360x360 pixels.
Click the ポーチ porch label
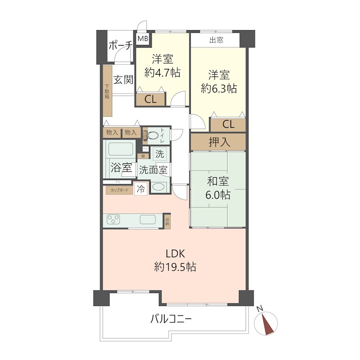(120, 45)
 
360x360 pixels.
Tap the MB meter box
(143, 39)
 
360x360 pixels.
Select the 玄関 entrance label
(122, 80)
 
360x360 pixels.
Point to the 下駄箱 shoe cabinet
(107, 92)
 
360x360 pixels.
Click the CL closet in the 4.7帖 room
(150, 99)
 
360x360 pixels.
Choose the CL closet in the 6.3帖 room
(228, 124)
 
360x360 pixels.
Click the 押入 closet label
(218, 142)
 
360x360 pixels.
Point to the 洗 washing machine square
(159, 153)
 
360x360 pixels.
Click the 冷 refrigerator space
(141, 189)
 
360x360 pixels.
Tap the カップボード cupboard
(118, 190)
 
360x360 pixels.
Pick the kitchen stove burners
(114, 220)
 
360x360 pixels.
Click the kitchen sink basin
(148, 220)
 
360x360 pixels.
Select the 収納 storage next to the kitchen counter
(167, 220)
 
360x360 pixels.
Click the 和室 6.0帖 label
(218, 188)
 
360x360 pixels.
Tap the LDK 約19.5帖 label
(175, 260)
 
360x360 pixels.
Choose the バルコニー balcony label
(171, 319)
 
